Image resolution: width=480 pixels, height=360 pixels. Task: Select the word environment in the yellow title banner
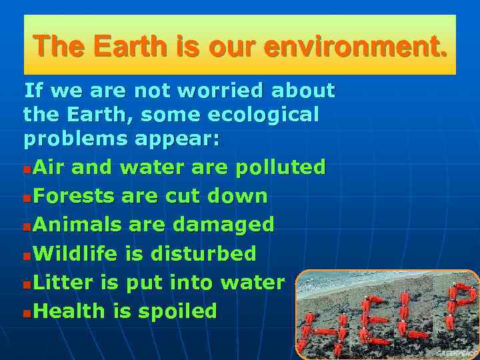[355, 47]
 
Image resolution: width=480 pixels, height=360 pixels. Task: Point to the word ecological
[263, 115]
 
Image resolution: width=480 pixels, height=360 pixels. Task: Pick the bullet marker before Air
[26, 168]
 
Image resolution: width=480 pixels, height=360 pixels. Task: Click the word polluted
[280, 167]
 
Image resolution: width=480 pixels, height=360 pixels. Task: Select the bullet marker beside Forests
[26, 197]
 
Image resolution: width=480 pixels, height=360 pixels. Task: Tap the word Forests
[72, 196]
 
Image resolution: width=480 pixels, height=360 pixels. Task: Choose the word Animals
[76, 225]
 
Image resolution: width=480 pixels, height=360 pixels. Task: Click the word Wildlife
[75, 253]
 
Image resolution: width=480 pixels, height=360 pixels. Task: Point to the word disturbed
[203, 253]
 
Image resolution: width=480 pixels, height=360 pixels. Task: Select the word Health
[68, 311]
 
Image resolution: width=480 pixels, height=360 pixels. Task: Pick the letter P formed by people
[460, 303]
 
